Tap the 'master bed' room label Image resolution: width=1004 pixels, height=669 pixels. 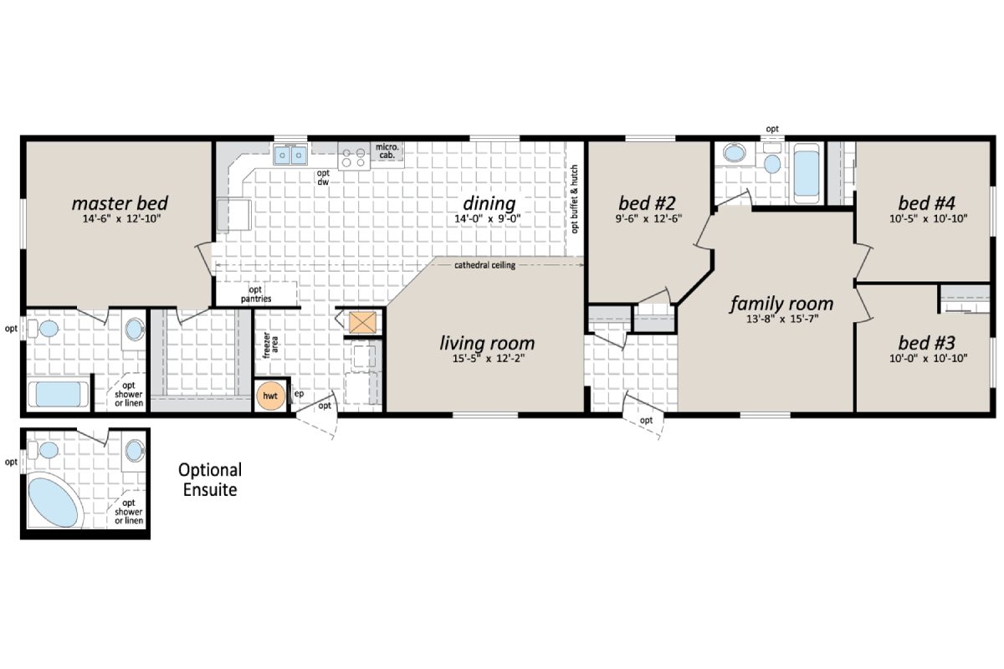click(119, 203)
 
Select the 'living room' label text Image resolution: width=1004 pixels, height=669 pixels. click(487, 343)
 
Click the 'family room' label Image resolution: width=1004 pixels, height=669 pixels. click(781, 303)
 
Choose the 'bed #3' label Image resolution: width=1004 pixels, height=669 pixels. click(926, 343)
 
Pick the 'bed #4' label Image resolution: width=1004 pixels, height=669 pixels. click(926, 203)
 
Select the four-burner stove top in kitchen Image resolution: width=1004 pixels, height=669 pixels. click(355, 156)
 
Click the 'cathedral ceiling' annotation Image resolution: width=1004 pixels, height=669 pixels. click(484, 265)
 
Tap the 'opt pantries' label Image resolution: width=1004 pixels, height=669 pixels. click(255, 294)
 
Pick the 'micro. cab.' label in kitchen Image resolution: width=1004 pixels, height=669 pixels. click(386, 151)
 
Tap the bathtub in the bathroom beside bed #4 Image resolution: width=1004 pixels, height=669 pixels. click(806, 170)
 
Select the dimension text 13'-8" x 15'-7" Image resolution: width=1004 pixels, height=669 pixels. click(781, 319)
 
